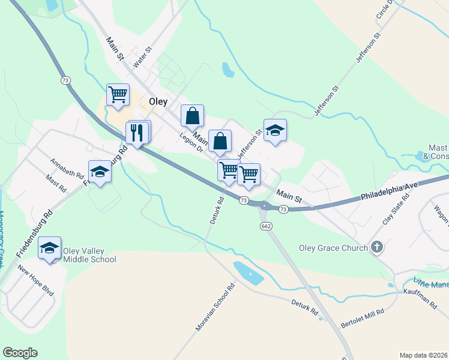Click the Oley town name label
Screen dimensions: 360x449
[158, 102]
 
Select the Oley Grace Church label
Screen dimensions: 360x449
[333, 248]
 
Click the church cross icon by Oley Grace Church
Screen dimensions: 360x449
[376, 247]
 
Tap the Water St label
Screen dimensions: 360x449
[143, 58]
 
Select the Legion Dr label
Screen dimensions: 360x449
[191, 142]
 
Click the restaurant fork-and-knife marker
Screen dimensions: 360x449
[137, 132]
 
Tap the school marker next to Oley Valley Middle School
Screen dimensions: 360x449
[49, 248]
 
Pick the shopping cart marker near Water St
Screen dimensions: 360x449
[118, 94]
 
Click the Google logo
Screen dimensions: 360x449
[20, 353]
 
